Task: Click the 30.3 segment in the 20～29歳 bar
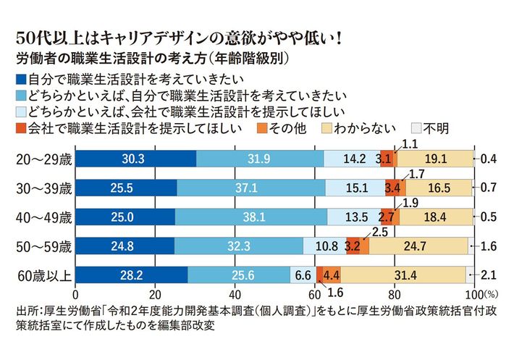click(135, 159)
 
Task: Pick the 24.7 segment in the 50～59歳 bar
click(419, 246)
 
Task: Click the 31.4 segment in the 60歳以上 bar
click(403, 275)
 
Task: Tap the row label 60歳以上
click(41, 275)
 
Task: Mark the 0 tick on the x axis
click(76, 295)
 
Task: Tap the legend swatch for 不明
click(416, 129)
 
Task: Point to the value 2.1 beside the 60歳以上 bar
click(489, 275)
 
